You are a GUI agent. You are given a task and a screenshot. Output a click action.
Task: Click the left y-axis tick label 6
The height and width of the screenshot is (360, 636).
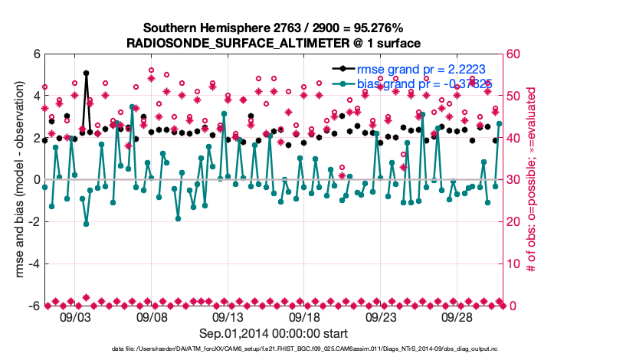(x=36, y=54)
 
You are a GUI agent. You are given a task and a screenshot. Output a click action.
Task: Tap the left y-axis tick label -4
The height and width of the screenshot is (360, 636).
(x=33, y=264)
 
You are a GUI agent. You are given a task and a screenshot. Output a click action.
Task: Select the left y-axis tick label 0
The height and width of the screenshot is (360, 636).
(x=36, y=180)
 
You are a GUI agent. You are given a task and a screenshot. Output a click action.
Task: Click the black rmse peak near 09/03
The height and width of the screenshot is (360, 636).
(x=87, y=74)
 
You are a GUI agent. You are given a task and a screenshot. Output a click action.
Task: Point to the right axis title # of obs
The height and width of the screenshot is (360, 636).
(x=530, y=180)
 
